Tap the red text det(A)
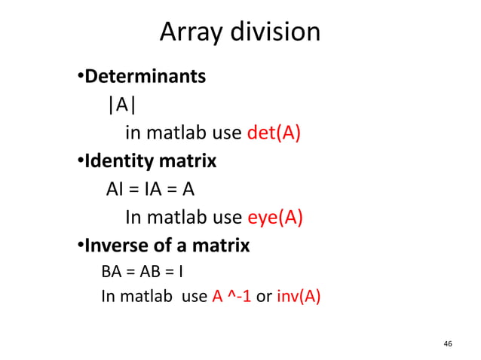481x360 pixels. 274,133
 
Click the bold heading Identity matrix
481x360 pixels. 150,162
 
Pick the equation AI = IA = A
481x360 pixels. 151,189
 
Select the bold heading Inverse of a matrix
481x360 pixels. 167,246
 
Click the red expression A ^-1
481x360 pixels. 230,296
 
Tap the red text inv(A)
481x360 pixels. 299,296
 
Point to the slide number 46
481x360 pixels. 448,343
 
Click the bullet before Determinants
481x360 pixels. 80,78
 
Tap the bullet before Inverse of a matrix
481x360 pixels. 80,247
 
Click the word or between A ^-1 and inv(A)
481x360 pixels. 265,296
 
